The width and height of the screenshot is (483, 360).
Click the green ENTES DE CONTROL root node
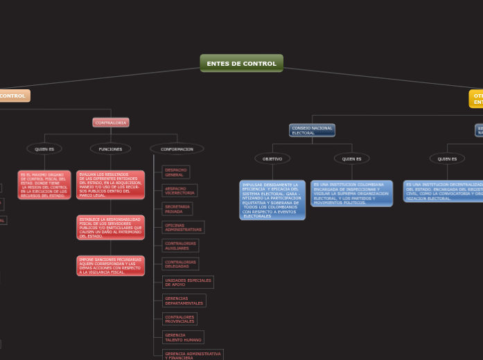tap(241, 64)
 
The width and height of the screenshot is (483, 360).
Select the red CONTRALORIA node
tap(111, 123)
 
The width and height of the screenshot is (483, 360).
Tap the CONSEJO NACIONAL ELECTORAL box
tap(312, 130)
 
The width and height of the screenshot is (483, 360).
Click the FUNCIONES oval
tap(110, 149)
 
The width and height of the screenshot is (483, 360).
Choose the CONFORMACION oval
tap(177, 149)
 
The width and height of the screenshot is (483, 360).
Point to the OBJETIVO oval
tap(272, 159)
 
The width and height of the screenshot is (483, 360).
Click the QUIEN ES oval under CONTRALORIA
tap(44, 149)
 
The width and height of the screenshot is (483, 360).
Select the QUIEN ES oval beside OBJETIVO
tap(351, 159)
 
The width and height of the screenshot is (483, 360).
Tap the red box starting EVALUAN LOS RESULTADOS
tap(110, 185)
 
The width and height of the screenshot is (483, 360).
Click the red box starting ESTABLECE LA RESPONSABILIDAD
tap(110, 227)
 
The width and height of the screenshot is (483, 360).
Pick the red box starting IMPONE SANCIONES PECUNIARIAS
tap(110, 266)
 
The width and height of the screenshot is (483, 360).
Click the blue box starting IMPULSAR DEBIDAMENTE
tap(272, 200)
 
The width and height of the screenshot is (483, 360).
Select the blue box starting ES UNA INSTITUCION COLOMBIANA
tap(351, 193)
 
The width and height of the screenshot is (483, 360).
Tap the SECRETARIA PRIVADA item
tap(177, 208)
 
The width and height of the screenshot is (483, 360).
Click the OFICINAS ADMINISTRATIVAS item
tap(183, 227)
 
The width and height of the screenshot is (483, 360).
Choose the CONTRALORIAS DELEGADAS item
tap(180, 264)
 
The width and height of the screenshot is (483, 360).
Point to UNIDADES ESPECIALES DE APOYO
tap(188, 282)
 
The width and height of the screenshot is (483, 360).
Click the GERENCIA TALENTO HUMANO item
tap(183, 337)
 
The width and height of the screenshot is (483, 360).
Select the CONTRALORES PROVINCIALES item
tap(179, 319)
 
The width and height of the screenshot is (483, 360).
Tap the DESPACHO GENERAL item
tap(175, 172)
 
